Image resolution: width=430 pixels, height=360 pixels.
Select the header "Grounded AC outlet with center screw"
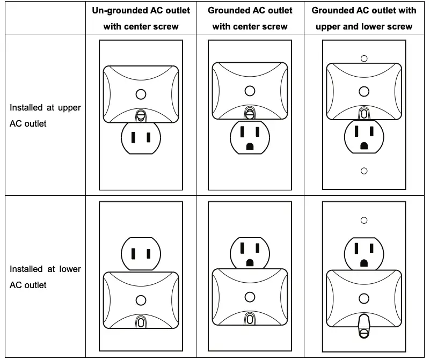coord(250,18)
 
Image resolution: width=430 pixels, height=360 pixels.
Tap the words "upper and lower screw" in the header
coord(364,26)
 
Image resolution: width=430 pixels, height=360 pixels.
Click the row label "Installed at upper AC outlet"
coord(45,115)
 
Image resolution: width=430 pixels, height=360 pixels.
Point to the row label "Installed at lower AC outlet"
coord(45,277)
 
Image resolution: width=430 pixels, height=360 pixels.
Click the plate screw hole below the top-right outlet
coord(364,171)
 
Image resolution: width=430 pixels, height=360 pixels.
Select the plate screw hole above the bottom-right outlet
coord(364,220)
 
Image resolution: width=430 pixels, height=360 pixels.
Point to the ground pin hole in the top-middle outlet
coord(250,146)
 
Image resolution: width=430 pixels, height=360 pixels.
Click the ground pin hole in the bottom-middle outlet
coord(250,262)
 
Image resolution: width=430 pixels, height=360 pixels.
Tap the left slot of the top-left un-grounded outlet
coord(134,137)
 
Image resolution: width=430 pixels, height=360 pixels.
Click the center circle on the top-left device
coord(141,94)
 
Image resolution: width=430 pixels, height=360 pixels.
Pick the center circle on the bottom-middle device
coord(250,297)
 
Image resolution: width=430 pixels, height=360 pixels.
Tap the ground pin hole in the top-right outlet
coord(364,145)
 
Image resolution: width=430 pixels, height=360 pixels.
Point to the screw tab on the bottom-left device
coord(141,321)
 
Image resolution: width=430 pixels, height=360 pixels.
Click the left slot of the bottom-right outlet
coord(356,248)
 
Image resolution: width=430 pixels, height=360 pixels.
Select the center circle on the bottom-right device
coord(364,298)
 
